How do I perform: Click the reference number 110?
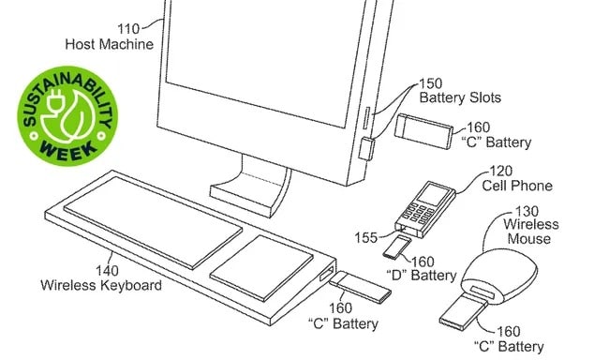[x=128, y=29]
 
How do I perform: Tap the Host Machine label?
[x=109, y=44]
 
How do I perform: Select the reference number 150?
[x=430, y=83]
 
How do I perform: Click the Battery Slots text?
[x=460, y=97]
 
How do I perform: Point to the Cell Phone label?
[x=517, y=186]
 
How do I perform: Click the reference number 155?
[x=365, y=237]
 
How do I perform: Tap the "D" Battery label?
[x=422, y=276]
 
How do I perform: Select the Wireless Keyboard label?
[x=101, y=285]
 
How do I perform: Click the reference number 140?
[x=107, y=271]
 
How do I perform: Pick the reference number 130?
[x=527, y=211]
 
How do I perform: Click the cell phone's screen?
[x=432, y=194]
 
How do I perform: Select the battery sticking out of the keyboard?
[x=361, y=287]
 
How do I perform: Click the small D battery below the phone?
[x=396, y=247]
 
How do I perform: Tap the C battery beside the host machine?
[x=423, y=131]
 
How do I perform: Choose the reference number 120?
[x=500, y=171]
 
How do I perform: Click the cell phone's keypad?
[x=418, y=213]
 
